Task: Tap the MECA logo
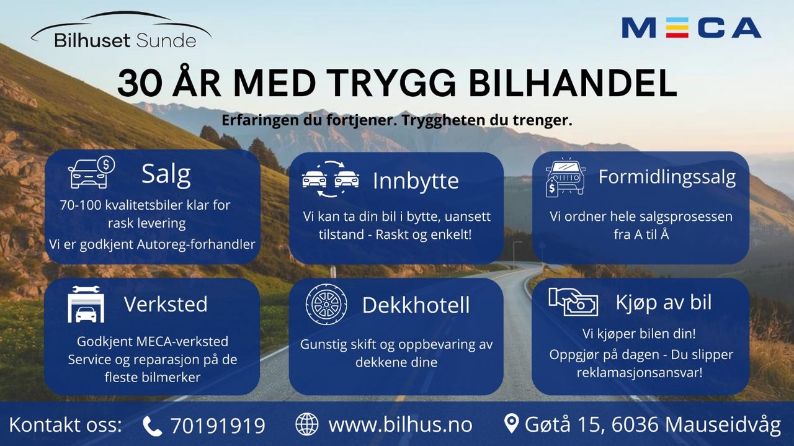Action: [691, 28]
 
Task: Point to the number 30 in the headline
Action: [140, 83]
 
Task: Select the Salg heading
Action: [166, 174]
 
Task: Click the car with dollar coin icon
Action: [91, 172]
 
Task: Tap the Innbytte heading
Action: [416, 181]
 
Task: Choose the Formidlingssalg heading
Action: [667, 177]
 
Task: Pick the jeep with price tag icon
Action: [565, 177]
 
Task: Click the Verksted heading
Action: [166, 304]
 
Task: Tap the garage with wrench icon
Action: [86, 304]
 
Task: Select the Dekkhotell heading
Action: [416, 305]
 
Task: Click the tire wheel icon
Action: [326, 305]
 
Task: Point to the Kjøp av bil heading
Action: [664, 303]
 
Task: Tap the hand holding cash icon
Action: [573, 301]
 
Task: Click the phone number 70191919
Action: [218, 426]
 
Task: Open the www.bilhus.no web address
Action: [400, 425]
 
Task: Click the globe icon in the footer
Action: [307, 424]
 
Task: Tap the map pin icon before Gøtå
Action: [511, 423]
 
